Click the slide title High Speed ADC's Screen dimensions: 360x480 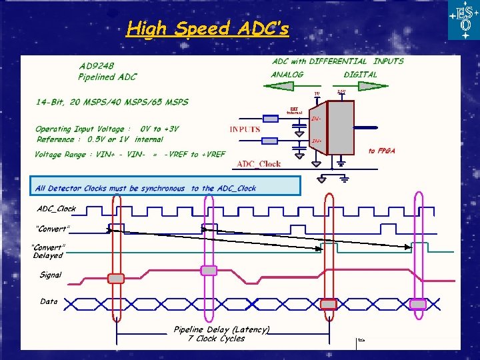pos(207,29)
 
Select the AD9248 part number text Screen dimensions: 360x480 pos(97,66)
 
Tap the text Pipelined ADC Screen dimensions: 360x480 pos(107,77)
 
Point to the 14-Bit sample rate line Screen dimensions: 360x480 pos(112,102)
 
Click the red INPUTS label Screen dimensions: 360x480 pos(245,129)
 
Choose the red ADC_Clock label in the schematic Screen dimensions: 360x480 pos(259,164)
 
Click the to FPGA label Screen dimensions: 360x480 pos(381,151)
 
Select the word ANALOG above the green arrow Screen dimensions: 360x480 pos(287,75)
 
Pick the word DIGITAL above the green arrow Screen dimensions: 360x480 pos(360,75)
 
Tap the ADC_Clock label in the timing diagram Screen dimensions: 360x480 pos(57,209)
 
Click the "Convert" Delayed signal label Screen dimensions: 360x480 pos(49,251)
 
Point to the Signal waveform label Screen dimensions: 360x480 pos(51,275)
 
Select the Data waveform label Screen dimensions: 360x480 pos(49,301)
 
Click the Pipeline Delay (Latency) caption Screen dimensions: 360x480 pos(221,329)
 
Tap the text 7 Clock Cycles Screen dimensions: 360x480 pos(216,339)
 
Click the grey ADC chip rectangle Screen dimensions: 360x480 pos(341,129)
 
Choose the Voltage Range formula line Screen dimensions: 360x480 pos(130,155)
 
